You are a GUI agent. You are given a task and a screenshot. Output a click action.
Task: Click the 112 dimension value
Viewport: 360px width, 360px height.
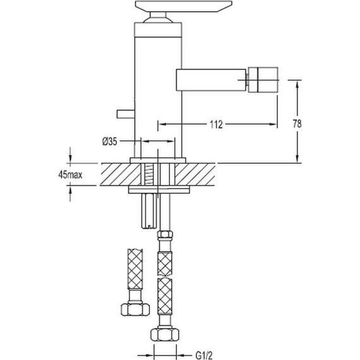coord(216,124)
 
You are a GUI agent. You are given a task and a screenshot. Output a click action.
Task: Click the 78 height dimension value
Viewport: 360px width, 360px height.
coord(297,124)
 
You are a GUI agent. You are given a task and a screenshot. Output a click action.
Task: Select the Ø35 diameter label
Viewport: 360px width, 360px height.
coord(109,141)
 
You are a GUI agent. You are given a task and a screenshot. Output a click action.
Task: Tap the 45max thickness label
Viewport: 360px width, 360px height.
coord(70,175)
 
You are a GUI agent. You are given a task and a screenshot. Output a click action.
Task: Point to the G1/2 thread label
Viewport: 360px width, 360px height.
coord(204,356)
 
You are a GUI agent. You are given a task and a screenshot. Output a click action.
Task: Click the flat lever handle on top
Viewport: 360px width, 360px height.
coord(183,6)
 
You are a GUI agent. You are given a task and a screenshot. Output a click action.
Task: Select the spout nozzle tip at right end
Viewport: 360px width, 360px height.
coord(263,80)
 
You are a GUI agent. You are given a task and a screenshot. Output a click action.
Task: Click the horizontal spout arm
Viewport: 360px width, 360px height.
coord(211,80)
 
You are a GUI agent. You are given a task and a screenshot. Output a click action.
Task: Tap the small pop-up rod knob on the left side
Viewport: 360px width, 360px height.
coord(126,114)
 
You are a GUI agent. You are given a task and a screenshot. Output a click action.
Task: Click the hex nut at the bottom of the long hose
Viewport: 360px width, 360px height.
coord(165,335)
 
